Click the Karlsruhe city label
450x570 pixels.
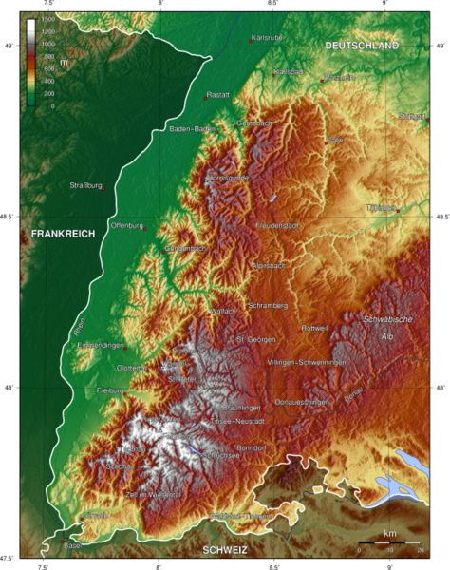tap(267, 39)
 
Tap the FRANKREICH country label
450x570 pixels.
tap(63, 233)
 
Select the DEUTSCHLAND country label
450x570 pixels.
tap(362, 46)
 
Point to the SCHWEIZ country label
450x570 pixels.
tap(222, 550)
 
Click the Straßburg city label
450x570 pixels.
tap(85, 185)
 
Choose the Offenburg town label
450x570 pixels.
tap(126, 225)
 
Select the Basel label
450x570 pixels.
tap(73, 545)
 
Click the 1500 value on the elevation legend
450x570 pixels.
tap(47, 20)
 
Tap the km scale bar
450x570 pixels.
tap(389, 543)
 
